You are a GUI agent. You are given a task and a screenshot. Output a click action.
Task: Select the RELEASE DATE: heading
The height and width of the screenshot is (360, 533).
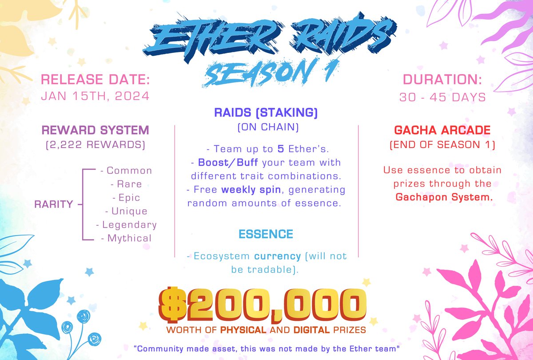pyautogui.click(x=95, y=80)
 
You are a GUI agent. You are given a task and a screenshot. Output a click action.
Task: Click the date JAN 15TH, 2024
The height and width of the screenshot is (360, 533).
pyautogui.click(x=95, y=96)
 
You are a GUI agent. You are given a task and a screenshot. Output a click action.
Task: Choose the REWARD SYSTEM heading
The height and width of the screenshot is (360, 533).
pyautogui.click(x=95, y=130)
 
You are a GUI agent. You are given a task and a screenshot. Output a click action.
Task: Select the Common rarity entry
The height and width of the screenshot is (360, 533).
pyautogui.click(x=126, y=171)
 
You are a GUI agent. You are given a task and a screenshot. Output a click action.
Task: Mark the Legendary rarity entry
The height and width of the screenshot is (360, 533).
pyautogui.click(x=126, y=224)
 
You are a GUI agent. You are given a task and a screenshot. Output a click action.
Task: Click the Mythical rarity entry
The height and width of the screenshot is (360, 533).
pyautogui.click(x=126, y=238)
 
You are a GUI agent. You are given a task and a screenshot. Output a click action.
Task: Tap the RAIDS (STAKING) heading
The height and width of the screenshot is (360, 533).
pyautogui.click(x=266, y=113)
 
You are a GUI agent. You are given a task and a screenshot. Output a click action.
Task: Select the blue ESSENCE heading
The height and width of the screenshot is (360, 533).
pyautogui.click(x=266, y=234)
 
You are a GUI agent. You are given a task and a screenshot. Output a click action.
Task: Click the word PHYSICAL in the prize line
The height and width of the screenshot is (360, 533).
pyautogui.click(x=244, y=331)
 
